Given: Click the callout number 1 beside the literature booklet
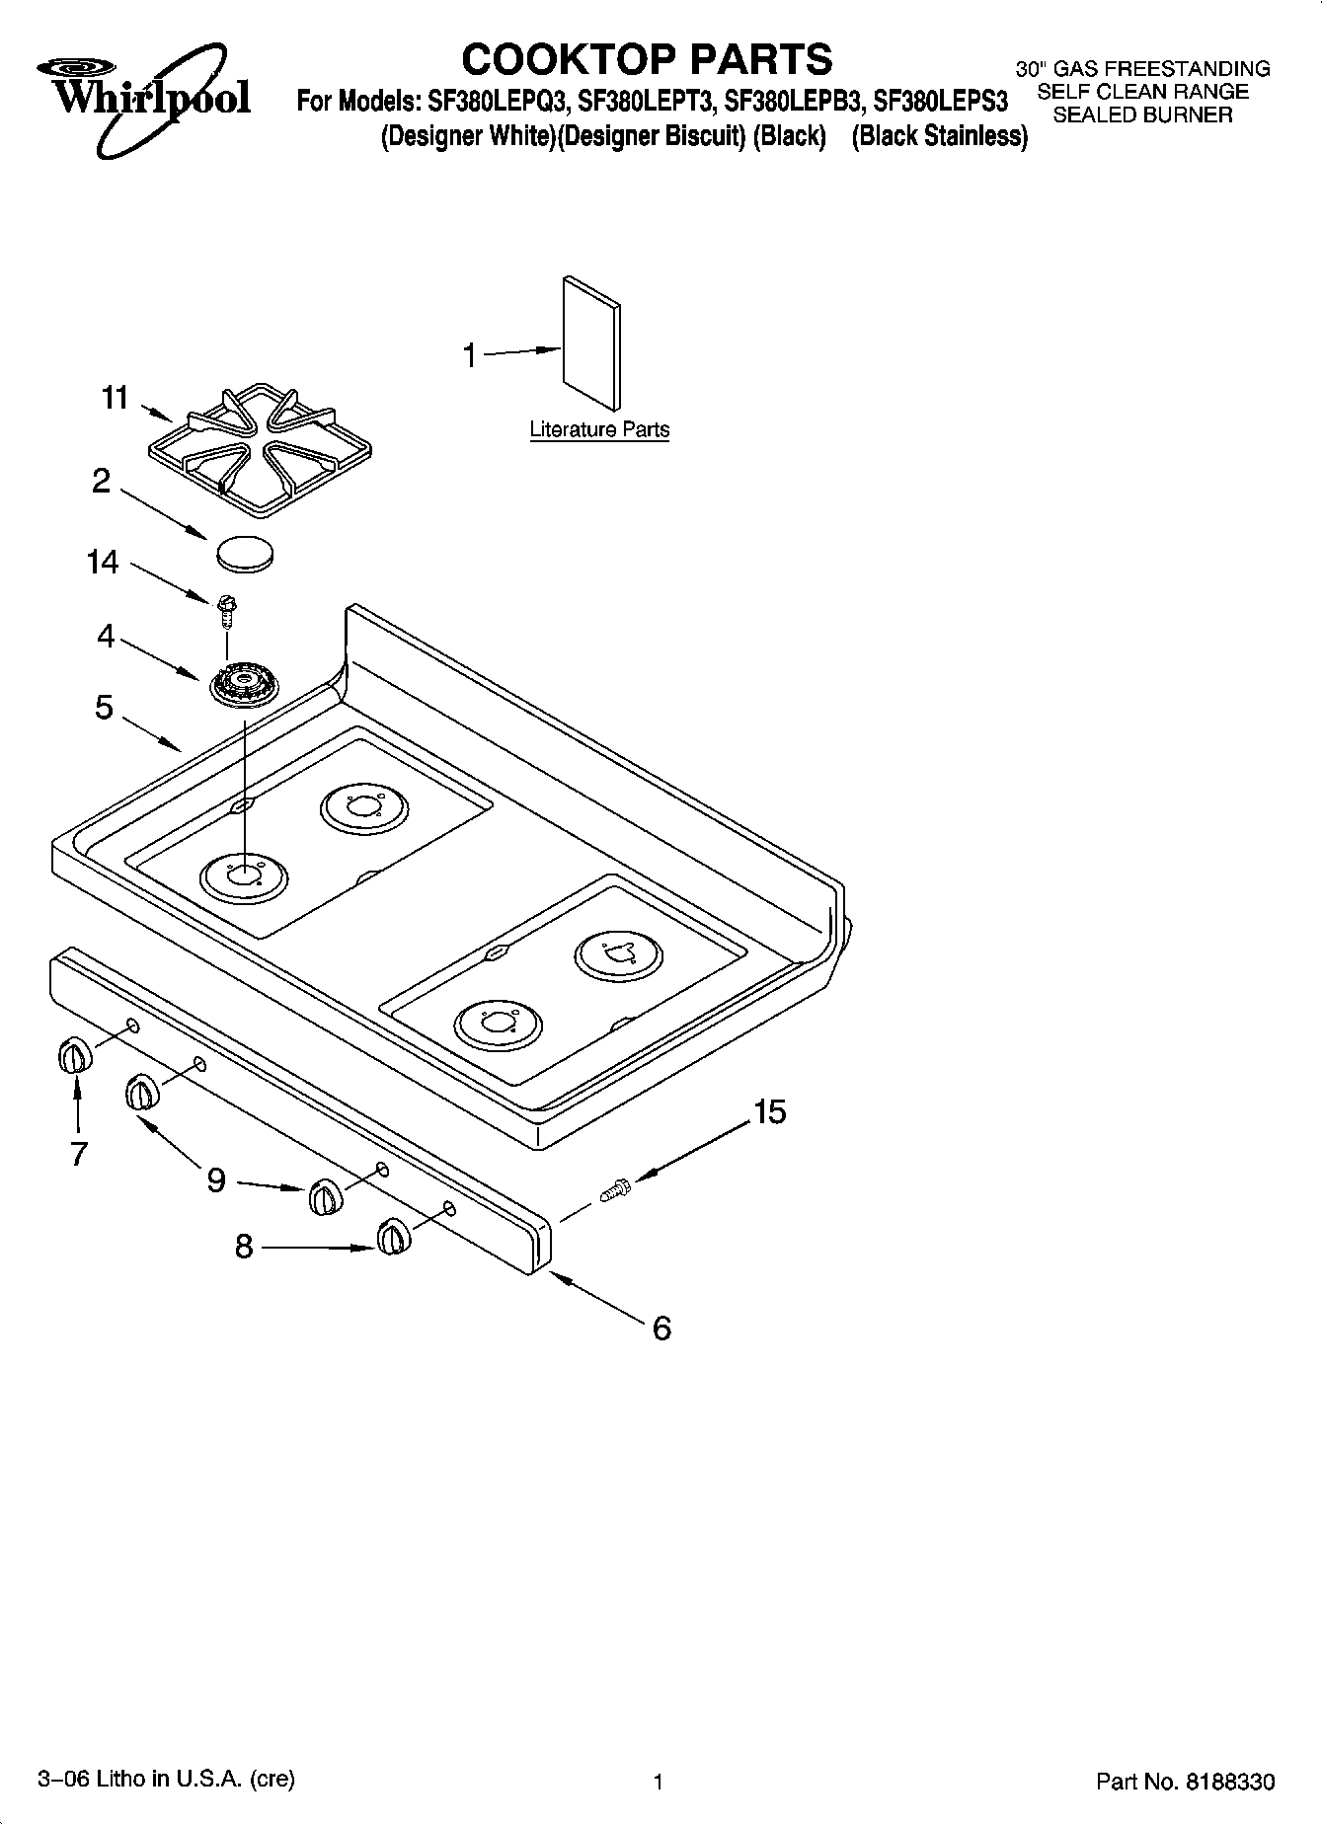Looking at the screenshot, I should click(471, 355).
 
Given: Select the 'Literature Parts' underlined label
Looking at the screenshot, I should click(599, 430).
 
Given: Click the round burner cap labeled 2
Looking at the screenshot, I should click(243, 552).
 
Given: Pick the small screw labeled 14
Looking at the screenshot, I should click(226, 609).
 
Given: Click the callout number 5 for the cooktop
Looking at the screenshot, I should click(105, 708).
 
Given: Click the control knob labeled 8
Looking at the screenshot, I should click(393, 1237).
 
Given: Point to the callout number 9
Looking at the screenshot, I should click(216, 1179).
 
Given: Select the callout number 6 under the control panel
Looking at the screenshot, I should click(661, 1328).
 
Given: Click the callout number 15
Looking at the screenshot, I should click(769, 1112).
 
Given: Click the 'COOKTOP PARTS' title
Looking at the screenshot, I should click(647, 59).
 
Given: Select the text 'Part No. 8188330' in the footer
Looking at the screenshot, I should click(1185, 1782).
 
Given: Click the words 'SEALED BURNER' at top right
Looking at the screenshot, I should click(1143, 115).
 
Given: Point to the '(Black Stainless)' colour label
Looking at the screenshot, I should click(939, 136).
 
